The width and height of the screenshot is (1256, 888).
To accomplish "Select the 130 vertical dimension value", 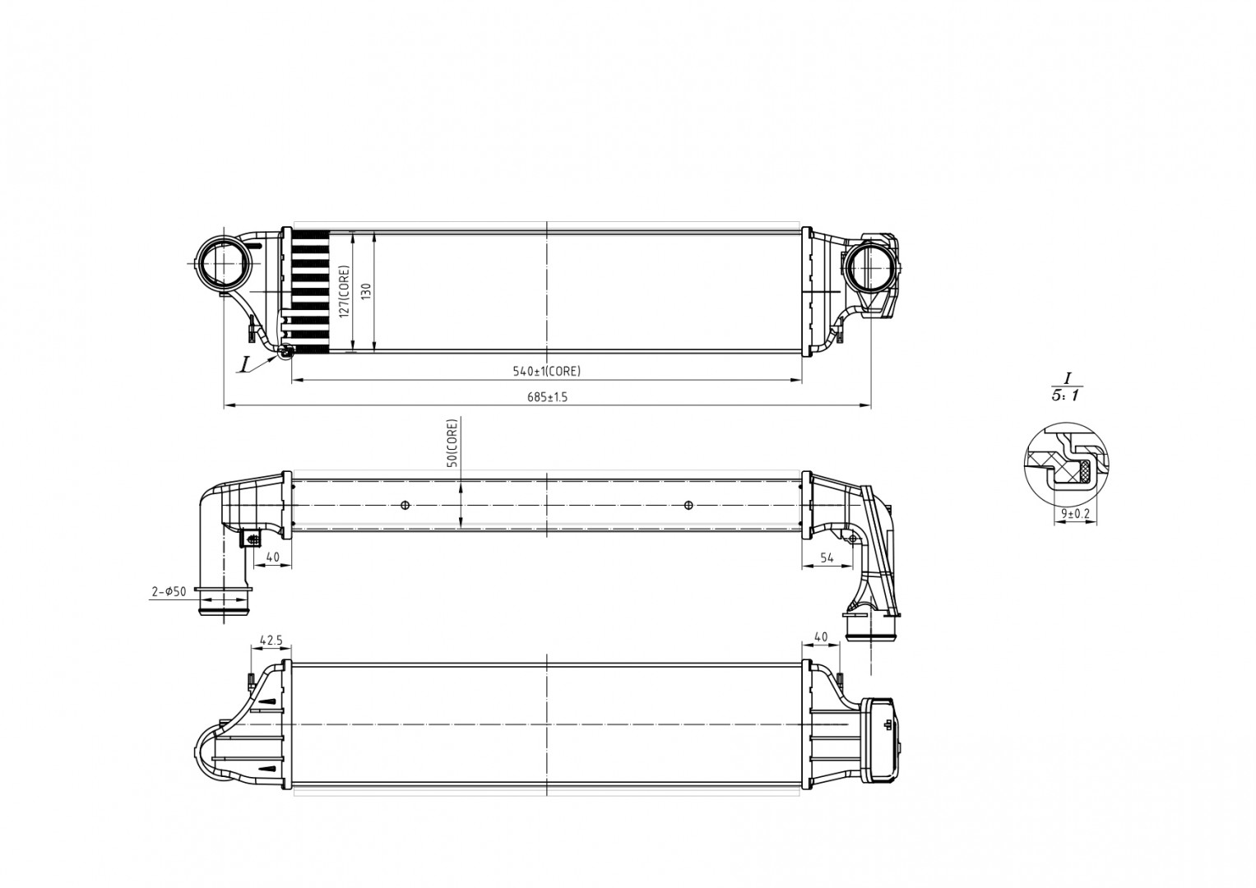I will click(x=366, y=291).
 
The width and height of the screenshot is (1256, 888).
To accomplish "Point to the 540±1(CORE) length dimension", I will click(x=546, y=371).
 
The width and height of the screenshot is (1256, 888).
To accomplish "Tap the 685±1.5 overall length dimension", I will click(x=547, y=397).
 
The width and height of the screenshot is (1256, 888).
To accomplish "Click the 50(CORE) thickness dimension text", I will click(x=451, y=444).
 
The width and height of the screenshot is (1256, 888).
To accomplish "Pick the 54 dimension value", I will click(x=827, y=557).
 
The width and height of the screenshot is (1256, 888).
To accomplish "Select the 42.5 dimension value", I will click(x=271, y=639).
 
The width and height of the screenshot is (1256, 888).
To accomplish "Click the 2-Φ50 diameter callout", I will click(x=169, y=591).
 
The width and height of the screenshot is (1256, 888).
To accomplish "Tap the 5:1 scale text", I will click(x=1066, y=395).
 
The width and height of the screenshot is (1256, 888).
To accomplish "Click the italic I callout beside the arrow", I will click(x=244, y=364).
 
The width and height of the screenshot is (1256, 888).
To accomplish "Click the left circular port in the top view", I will click(x=222, y=263).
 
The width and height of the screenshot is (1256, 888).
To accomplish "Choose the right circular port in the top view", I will click(x=870, y=266).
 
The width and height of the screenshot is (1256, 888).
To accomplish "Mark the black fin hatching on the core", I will click(x=311, y=291).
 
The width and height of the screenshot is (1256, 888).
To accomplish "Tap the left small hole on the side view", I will click(x=405, y=505).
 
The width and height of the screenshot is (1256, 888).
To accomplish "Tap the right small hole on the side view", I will click(x=688, y=505).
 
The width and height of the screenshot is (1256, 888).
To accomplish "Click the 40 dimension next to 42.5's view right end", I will click(x=820, y=637).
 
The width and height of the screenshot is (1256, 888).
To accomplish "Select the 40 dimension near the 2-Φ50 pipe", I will click(x=273, y=557).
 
